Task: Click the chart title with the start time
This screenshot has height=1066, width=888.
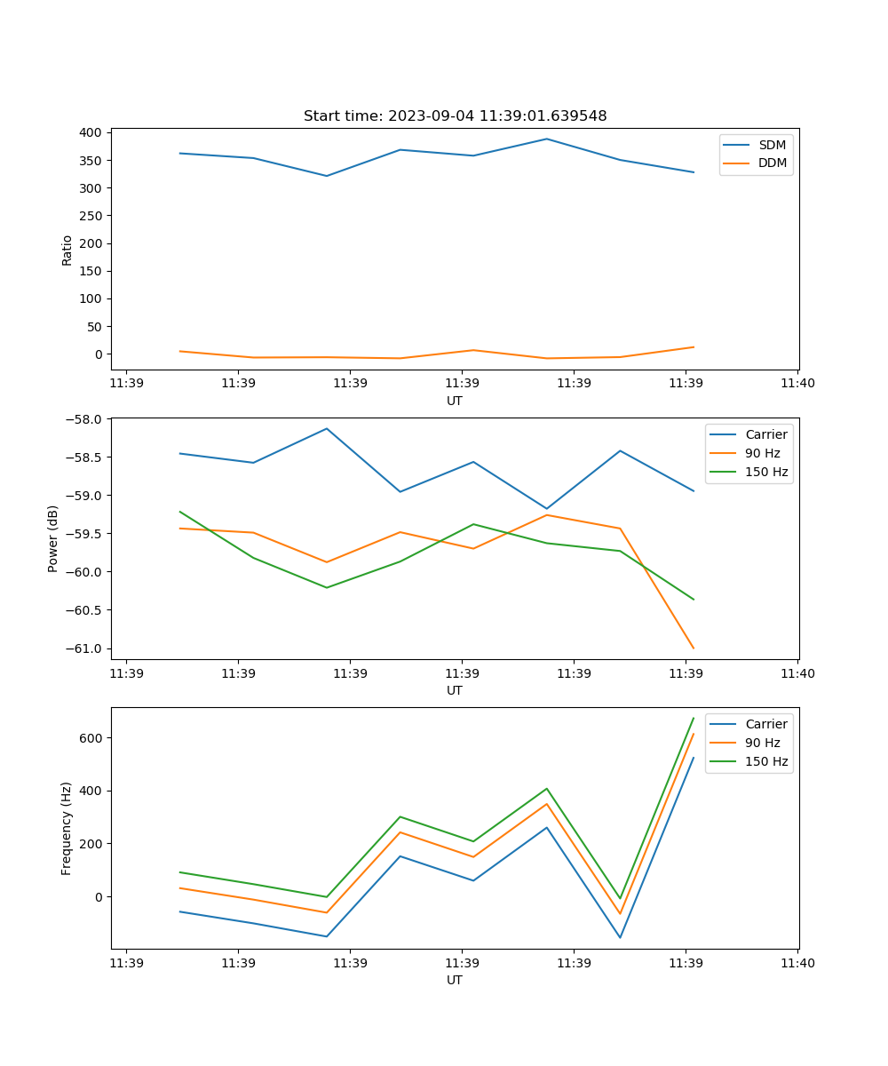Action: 455,116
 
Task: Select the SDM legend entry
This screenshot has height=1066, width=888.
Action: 772,145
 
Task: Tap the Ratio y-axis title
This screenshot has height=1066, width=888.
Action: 67,251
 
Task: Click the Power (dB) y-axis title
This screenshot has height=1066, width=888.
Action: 53,538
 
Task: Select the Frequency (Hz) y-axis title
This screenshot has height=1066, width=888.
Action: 67,828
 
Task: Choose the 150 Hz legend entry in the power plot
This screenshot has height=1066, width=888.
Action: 766,472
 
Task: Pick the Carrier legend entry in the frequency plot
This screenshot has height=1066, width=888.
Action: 765,724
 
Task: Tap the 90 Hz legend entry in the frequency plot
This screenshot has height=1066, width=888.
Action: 763,743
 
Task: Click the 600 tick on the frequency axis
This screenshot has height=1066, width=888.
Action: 91,738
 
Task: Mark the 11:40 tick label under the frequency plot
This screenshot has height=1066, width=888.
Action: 797,963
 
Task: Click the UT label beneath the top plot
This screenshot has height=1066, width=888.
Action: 455,401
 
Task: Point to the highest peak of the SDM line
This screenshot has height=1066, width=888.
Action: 547,139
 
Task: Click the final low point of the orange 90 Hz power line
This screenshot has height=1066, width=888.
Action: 694,648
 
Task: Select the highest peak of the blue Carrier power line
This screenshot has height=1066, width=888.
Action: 327,428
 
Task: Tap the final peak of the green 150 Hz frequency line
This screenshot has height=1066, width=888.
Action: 694,718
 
